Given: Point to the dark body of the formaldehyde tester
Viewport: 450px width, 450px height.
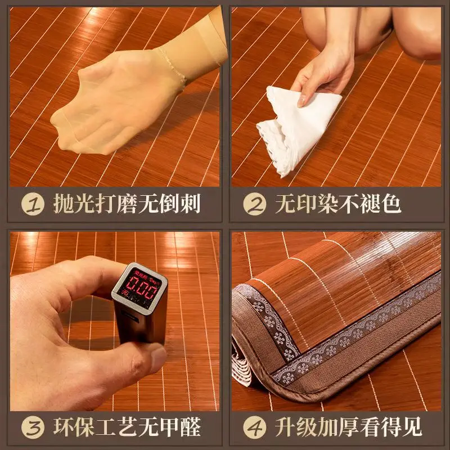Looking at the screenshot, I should [x=141, y=326].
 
